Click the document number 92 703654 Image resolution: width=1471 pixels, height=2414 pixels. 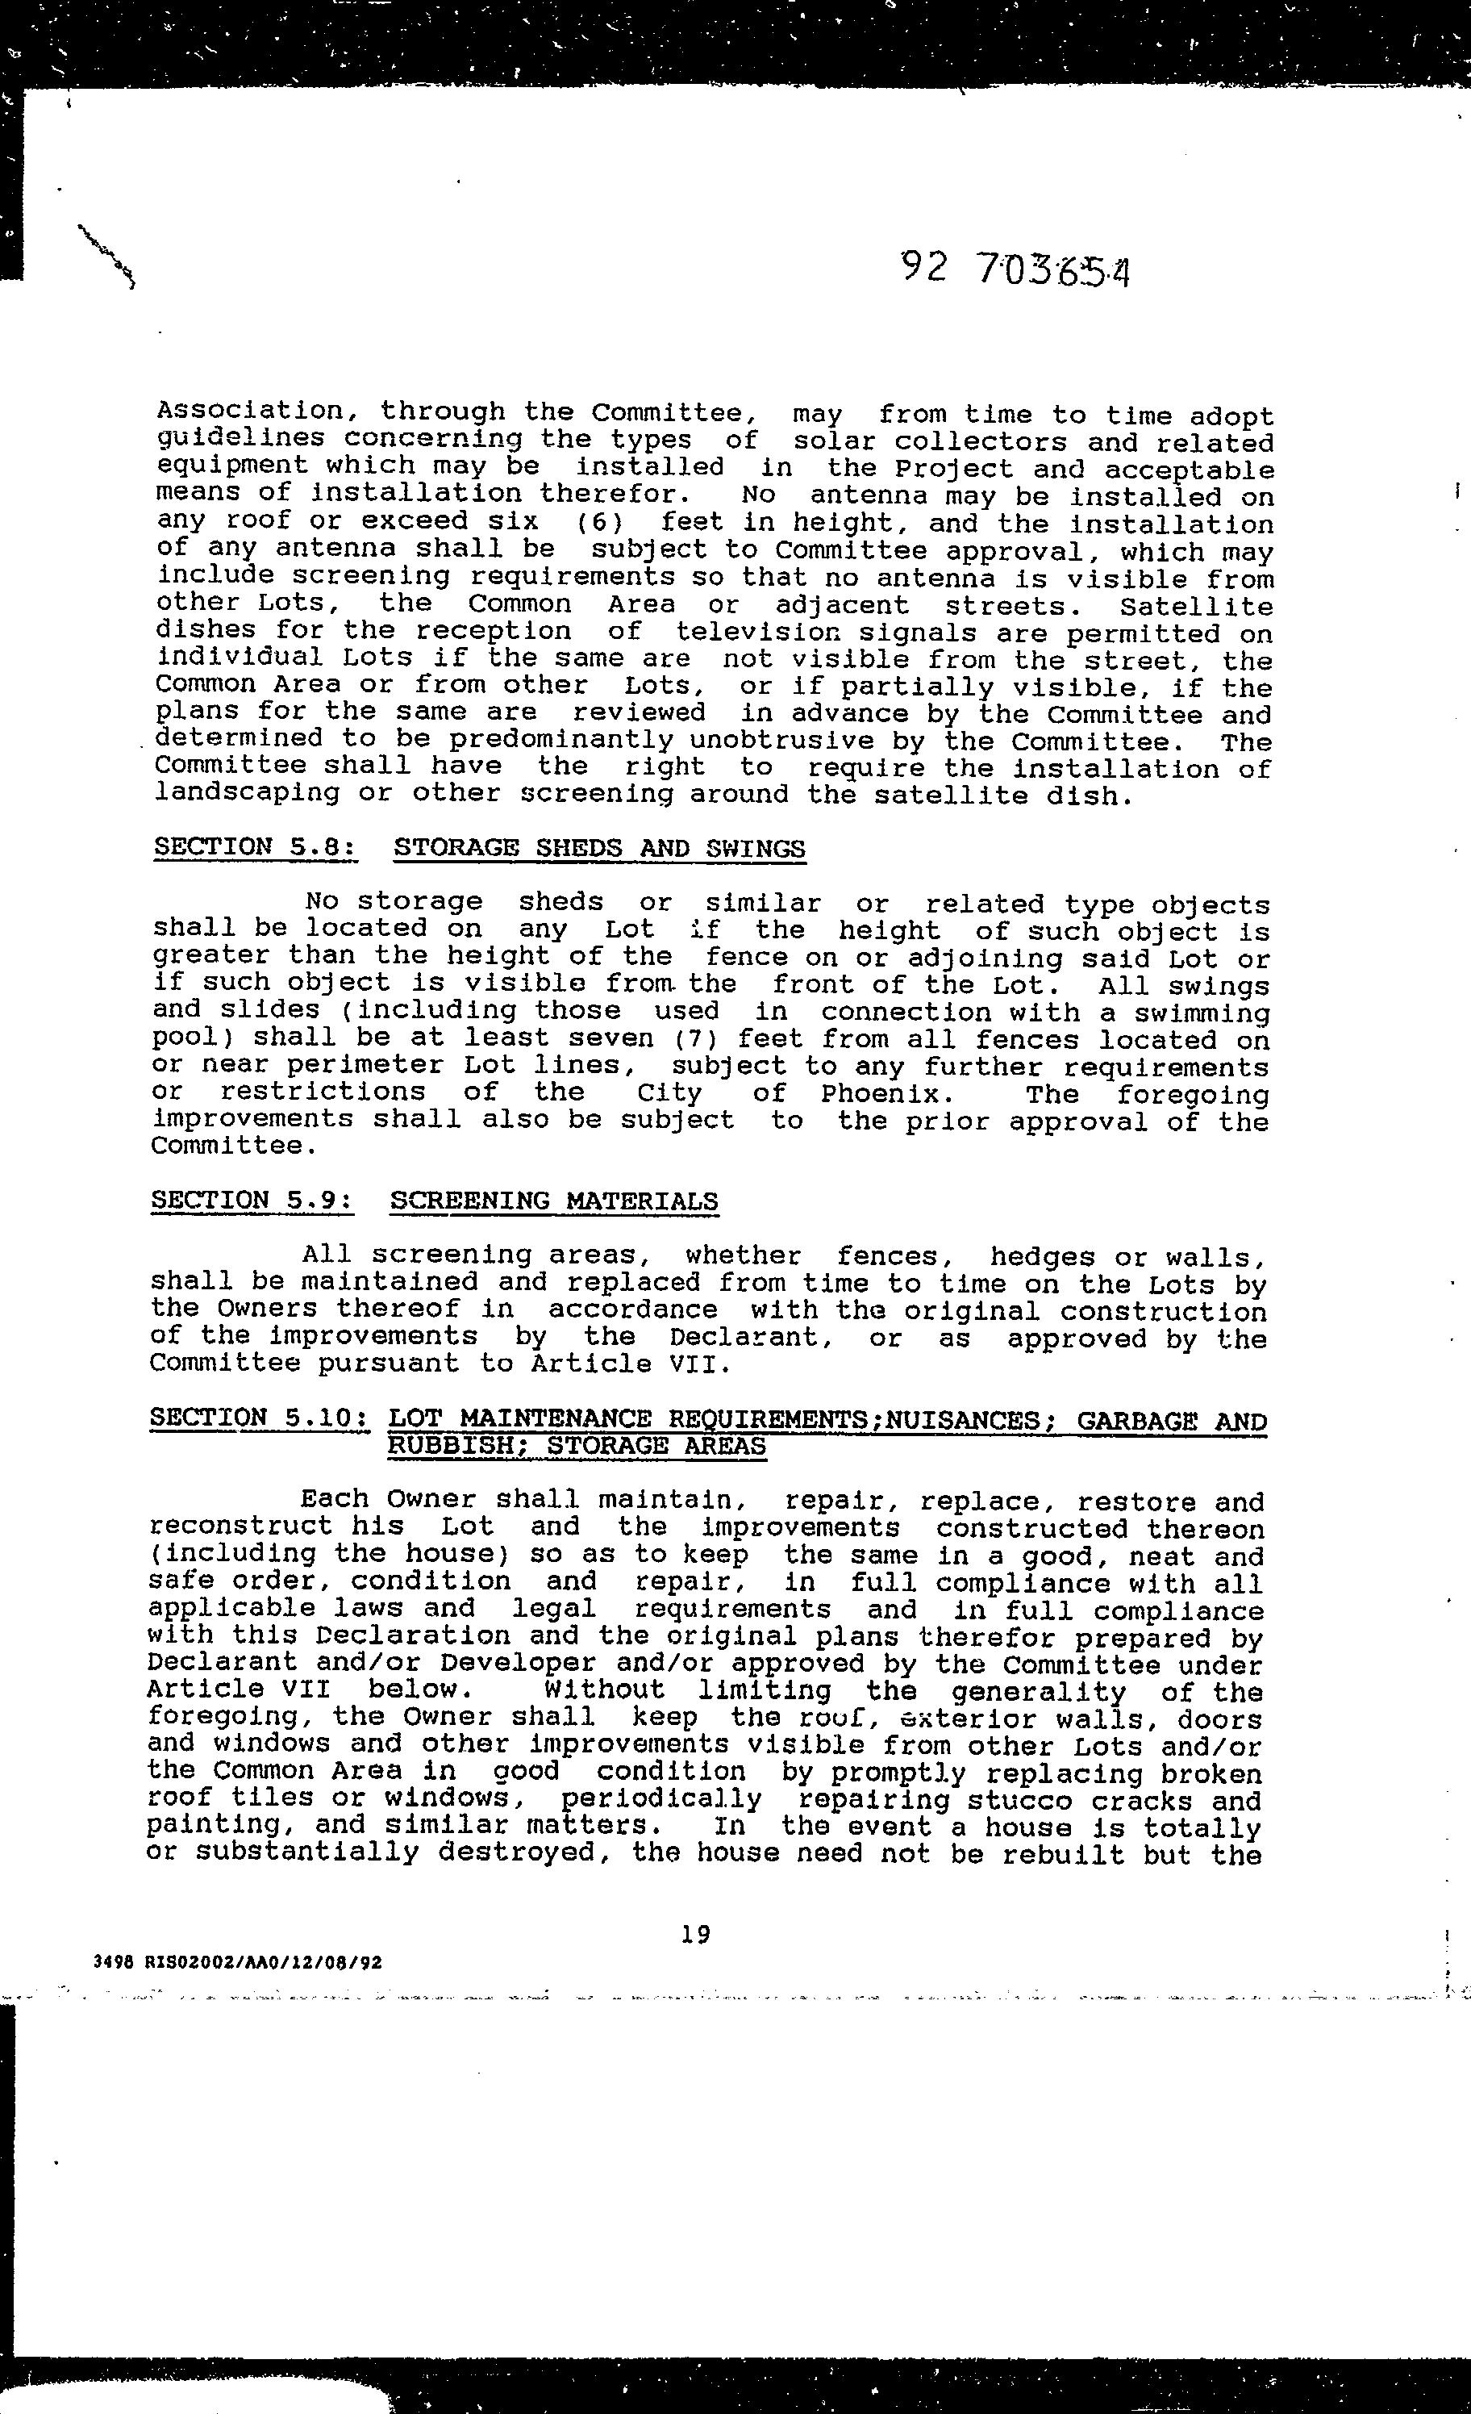click(x=1015, y=269)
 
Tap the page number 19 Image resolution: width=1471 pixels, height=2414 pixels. click(x=695, y=1934)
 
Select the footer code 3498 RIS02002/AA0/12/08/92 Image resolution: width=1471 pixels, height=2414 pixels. click(x=238, y=1962)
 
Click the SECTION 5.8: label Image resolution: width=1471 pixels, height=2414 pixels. click(x=255, y=847)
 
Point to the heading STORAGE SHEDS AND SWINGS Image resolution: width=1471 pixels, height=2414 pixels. click(x=599, y=849)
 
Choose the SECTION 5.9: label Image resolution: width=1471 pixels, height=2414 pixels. click(x=252, y=1201)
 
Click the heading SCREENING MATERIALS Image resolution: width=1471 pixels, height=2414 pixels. click(x=553, y=1201)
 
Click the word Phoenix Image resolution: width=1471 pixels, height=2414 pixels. click(x=881, y=1093)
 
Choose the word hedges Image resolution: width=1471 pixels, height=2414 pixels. click(x=1042, y=1257)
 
